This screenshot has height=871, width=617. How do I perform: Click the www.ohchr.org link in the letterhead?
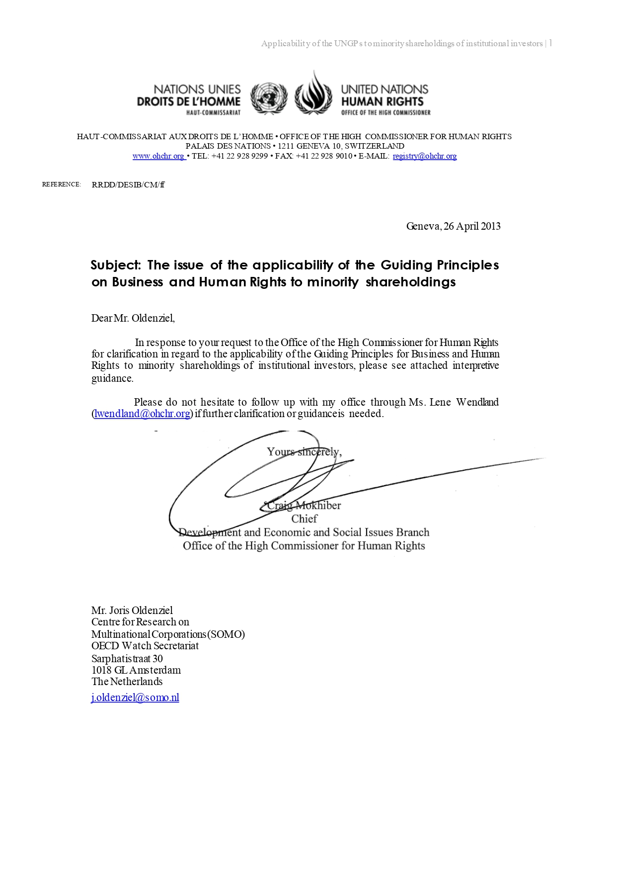[158, 156]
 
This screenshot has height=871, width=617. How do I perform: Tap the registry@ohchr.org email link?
[424, 156]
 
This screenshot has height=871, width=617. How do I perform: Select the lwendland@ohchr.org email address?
[143, 414]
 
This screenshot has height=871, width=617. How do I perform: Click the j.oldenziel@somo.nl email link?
[135, 697]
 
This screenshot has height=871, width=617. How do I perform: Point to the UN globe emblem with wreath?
[269, 98]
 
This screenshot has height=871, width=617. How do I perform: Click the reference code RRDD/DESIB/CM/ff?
[128, 185]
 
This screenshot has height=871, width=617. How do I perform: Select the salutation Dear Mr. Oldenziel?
[133, 318]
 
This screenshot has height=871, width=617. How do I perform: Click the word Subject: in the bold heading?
[116, 265]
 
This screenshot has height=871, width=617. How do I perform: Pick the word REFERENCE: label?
[61, 184]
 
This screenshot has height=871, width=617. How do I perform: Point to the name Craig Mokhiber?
[304, 506]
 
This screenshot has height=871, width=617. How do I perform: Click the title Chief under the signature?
[304, 519]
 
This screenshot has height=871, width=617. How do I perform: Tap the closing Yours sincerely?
[304, 452]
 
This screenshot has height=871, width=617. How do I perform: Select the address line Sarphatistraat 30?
[127, 659]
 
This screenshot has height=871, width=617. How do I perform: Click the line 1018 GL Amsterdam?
[136, 670]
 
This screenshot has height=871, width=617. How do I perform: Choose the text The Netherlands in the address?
[127, 682]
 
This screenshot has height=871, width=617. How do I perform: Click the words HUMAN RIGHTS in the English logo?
[382, 101]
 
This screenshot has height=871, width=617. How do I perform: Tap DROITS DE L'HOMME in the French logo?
[188, 102]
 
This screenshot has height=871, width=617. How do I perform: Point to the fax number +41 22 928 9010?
[324, 156]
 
